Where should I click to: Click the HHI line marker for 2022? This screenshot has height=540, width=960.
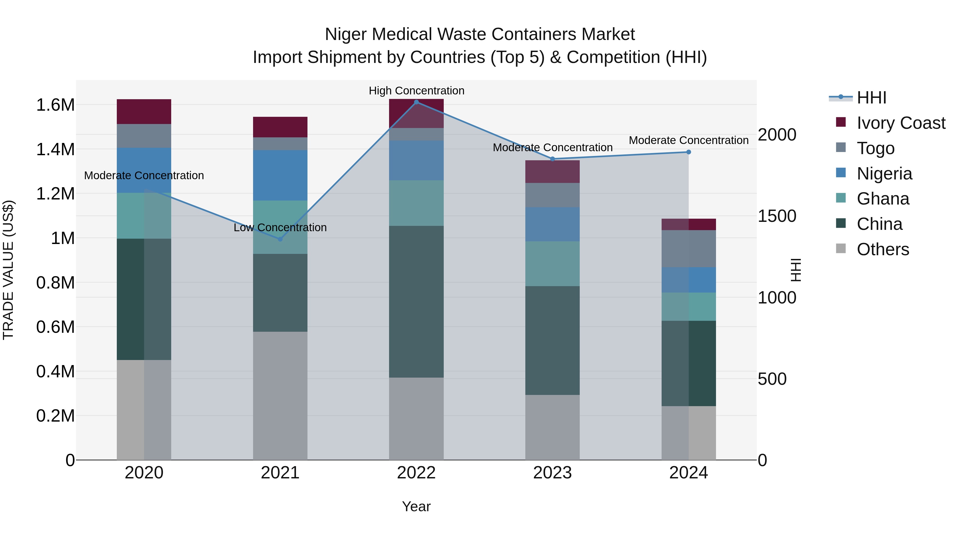[x=416, y=102]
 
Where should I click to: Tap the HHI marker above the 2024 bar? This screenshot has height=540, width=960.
[x=688, y=152]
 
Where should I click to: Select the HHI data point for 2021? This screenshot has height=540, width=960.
[x=280, y=239]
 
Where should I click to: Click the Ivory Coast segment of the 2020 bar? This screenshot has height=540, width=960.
[x=144, y=111]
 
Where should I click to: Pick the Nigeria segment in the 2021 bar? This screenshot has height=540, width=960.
[x=280, y=175]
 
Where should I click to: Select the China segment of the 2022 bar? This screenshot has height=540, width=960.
[x=416, y=302]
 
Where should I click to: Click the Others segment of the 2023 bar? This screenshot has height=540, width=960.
[x=552, y=427]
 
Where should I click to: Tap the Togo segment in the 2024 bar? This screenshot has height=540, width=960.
[x=688, y=249]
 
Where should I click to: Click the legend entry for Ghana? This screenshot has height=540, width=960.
[x=882, y=199]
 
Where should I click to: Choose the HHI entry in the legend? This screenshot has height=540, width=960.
[x=871, y=98]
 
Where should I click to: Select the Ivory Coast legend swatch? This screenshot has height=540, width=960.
[x=841, y=122]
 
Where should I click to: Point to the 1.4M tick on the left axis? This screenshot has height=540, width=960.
[x=55, y=149]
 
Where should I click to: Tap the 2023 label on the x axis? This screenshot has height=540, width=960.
[x=552, y=473]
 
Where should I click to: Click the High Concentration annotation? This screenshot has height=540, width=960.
[x=416, y=91]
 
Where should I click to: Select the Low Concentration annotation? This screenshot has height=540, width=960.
[x=280, y=227]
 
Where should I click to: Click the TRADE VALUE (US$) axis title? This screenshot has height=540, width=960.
[x=8, y=270]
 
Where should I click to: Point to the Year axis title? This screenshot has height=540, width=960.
[x=416, y=506]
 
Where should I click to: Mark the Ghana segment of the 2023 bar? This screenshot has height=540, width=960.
[x=552, y=263]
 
